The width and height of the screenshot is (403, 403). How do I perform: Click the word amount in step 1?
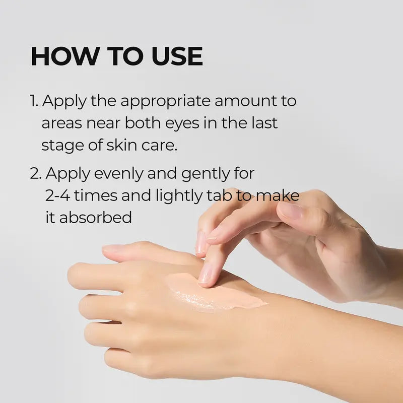click(x=245, y=101)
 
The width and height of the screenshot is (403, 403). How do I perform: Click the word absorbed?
click(x=96, y=218)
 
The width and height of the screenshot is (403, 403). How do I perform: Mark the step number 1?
click(x=33, y=101)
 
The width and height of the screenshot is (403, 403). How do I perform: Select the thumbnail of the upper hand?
click(x=291, y=211)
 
